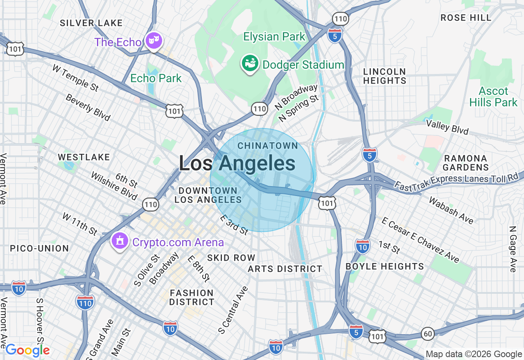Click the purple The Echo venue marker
coord(154,41)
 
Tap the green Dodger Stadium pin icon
coord(249,63)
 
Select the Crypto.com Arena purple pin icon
coord(120,241)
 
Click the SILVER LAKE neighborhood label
coord(91,23)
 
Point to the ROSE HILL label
coord(466,18)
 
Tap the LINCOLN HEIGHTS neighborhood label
coord(384,76)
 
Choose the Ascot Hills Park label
coord(493,97)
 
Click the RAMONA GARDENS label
coord(465,163)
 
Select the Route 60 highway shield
coord(428,334)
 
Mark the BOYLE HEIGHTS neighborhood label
coord(385,266)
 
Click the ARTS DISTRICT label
coord(285,269)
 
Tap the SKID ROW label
coord(231,258)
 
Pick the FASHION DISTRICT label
coord(192,297)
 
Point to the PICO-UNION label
coord(39,248)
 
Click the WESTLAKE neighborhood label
coord(84,157)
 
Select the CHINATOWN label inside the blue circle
coord(268,146)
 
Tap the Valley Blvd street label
coord(447,127)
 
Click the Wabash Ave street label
coord(451,210)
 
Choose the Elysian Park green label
coord(274,37)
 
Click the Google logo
coord(27,351)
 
